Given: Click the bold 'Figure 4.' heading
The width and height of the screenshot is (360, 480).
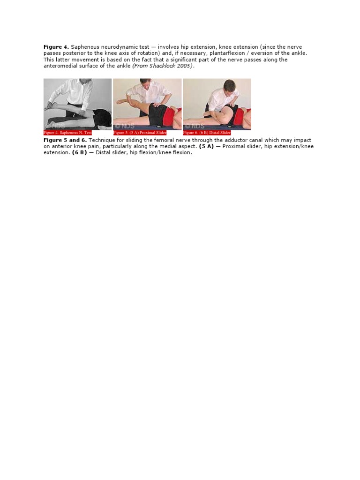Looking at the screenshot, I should pyautogui.click(x=56, y=47).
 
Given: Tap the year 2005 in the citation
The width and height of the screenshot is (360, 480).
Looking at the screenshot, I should pyautogui.click(x=186, y=66).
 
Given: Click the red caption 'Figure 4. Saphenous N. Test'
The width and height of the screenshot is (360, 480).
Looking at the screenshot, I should pyautogui.click(x=67, y=133).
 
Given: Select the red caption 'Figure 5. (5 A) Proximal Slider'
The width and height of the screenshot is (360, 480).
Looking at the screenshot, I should pyautogui.click(x=140, y=133).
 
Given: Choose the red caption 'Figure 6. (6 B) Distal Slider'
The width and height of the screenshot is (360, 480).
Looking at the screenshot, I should pyautogui.click(x=207, y=133).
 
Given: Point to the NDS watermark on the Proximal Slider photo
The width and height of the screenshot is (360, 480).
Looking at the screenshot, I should pyautogui.click(x=124, y=126).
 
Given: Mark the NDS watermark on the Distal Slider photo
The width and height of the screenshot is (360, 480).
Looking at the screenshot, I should pyautogui.click(x=194, y=126).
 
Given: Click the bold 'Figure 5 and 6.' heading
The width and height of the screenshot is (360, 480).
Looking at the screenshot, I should pyautogui.click(x=65, y=140).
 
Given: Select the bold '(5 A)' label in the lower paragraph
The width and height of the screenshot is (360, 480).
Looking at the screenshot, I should pyautogui.click(x=206, y=146).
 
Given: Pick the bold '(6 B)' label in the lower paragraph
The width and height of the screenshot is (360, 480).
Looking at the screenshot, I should pyautogui.click(x=79, y=153).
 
